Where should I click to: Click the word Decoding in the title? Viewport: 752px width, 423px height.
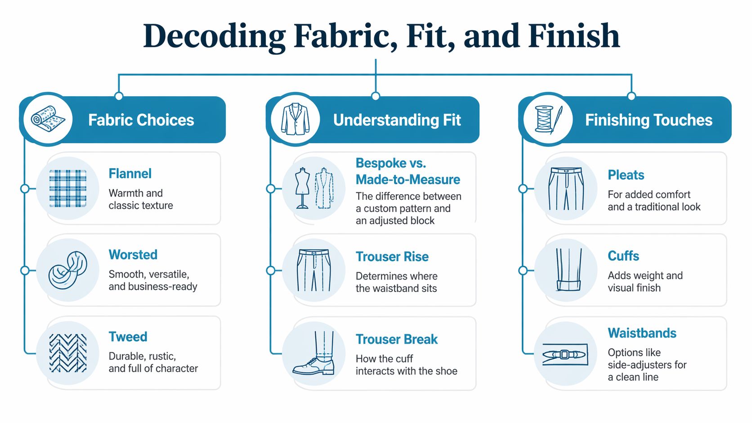pyautogui.click(x=214, y=36)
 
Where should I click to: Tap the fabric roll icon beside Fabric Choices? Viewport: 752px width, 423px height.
pyautogui.click(x=48, y=120)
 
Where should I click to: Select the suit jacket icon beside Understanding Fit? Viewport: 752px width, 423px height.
pyautogui.click(x=295, y=120)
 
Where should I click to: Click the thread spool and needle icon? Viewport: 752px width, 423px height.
pyautogui.click(x=548, y=120)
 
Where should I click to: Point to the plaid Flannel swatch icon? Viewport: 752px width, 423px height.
pyautogui.click(x=67, y=188)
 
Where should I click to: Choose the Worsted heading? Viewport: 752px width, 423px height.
pyautogui.click(x=133, y=255)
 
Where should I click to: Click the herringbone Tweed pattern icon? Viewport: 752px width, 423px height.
pyautogui.click(x=67, y=353)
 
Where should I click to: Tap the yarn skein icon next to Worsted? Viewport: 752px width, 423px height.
pyautogui.click(x=67, y=270)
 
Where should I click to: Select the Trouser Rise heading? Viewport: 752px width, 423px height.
pyautogui.click(x=392, y=257)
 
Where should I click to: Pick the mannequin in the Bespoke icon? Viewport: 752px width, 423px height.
pyautogui.click(x=302, y=188)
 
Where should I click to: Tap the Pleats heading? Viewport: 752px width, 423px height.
pyautogui.click(x=626, y=175)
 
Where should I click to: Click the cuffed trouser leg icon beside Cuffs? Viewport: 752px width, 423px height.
pyautogui.click(x=568, y=270)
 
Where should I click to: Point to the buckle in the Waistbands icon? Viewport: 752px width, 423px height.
pyautogui.click(x=565, y=355)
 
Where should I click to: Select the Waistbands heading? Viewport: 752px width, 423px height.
pyautogui.click(x=642, y=333)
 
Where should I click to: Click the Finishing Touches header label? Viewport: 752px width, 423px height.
pyautogui.click(x=649, y=120)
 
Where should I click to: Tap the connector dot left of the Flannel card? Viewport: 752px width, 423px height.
pyautogui.click(x=25, y=188)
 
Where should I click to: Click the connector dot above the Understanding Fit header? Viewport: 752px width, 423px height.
pyautogui.click(x=376, y=96)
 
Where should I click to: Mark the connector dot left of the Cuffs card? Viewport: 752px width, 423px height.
pyautogui.click(x=523, y=270)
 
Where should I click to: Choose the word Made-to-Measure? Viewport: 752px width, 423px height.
pyautogui.click(x=407, y=180)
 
